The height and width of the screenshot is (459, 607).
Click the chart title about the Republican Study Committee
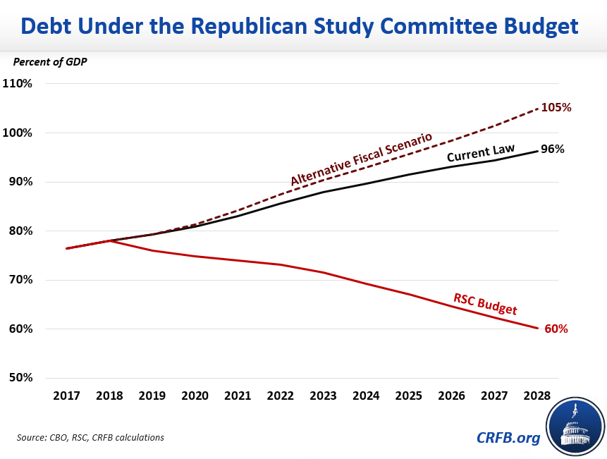point(300,26)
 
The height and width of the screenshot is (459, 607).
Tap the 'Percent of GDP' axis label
point(50,61)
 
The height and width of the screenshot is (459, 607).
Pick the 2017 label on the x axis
point(66,396)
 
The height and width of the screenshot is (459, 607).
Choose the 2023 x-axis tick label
point(324,396)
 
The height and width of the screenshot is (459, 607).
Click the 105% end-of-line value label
point(557,108)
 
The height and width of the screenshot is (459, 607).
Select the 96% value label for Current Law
point(552,149)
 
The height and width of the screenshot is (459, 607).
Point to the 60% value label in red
point(556,329)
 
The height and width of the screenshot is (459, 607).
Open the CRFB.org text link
point(507,437)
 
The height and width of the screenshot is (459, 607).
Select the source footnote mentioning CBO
point(90,438)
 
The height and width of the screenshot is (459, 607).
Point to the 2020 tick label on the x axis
point(195,396)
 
